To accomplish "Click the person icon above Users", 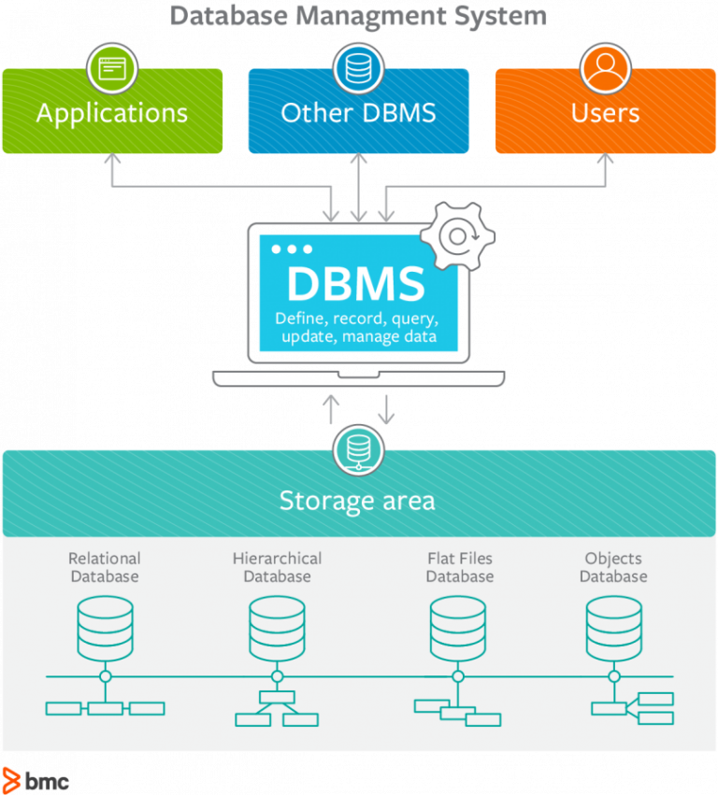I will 605,68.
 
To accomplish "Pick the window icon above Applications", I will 112,68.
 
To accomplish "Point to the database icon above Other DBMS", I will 358,68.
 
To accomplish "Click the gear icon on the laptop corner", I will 457,235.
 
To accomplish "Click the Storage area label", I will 357,501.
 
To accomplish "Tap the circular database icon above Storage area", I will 358,448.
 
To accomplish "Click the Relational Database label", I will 105,567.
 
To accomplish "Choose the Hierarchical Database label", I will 277,567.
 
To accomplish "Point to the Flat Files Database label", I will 459,567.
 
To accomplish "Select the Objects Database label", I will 613,567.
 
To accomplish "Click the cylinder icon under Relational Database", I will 105,628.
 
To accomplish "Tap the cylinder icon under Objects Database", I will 613,628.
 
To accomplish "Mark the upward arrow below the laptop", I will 331,408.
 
